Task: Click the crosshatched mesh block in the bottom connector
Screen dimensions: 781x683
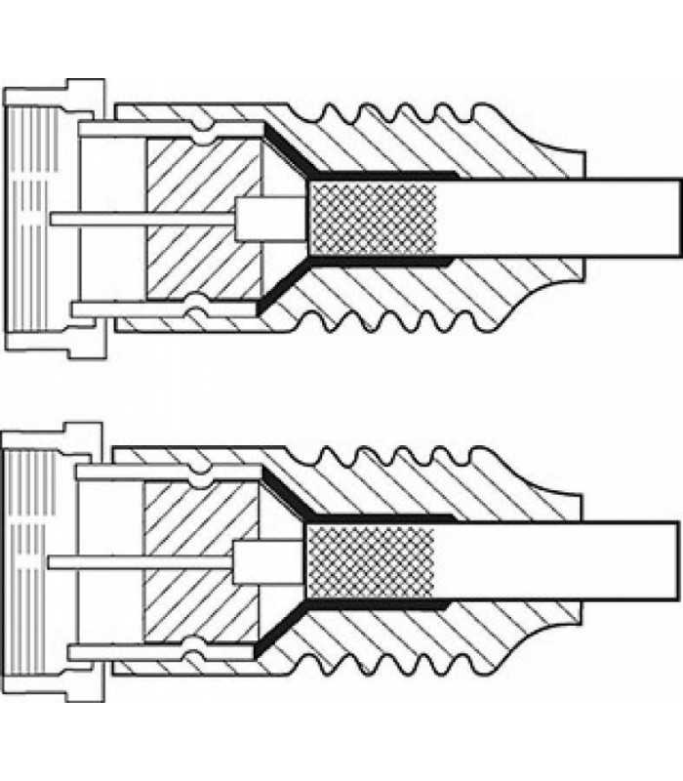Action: (370, 561)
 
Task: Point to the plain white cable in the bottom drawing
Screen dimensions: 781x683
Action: (556, 561)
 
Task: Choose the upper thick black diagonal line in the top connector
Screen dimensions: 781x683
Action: (289, 151)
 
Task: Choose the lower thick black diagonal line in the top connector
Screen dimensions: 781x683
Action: (287, 284)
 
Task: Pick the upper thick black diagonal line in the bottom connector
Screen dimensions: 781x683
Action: (287, 495)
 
